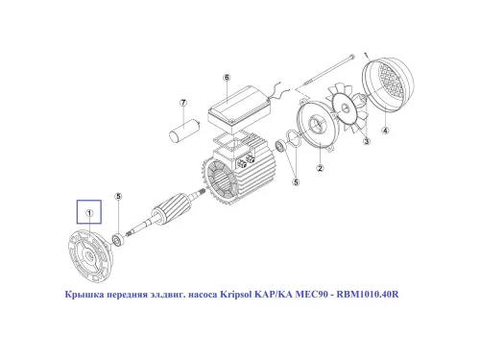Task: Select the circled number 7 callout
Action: coord(180,103)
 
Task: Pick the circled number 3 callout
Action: coord(366,141)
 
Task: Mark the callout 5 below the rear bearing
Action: coord(296,180)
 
